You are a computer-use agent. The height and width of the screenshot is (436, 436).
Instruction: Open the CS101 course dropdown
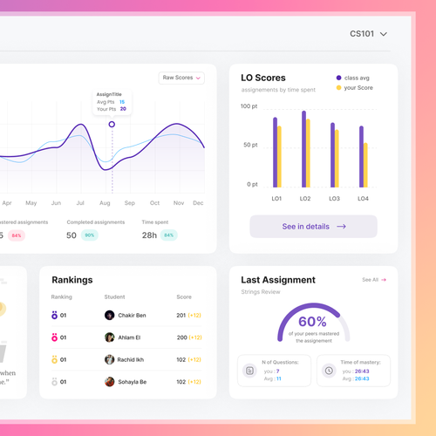368,34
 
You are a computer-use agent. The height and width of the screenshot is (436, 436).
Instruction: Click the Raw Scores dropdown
181,78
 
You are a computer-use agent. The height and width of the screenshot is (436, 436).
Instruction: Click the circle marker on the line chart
112,125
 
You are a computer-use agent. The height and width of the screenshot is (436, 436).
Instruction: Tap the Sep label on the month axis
130,202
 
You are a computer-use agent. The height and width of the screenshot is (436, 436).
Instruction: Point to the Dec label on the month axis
198,202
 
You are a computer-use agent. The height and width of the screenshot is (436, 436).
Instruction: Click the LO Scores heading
263,78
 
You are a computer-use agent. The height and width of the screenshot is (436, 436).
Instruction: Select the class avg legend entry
353,78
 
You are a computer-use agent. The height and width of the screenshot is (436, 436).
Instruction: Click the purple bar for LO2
303,148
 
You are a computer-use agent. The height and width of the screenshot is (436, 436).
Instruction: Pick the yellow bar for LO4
365,164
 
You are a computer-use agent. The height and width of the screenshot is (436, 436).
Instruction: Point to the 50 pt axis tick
249,145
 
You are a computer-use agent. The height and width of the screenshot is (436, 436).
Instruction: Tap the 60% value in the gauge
312,321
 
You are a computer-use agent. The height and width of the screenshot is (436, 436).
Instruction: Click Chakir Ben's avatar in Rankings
110,316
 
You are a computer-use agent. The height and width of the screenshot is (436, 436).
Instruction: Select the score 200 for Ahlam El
181,337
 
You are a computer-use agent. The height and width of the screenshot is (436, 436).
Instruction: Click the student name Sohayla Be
132,382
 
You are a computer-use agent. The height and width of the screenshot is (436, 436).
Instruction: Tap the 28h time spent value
149,235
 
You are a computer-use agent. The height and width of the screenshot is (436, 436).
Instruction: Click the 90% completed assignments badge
89,235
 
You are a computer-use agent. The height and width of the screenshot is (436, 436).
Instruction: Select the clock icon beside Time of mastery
329,371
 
